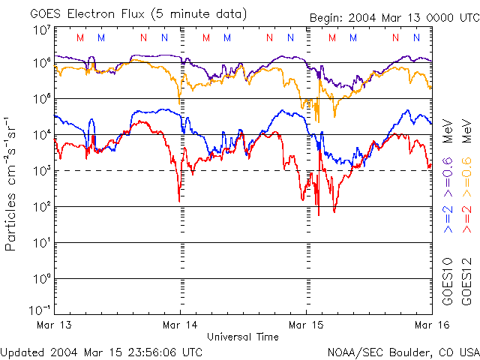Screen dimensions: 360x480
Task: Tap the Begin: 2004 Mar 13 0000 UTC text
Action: click(394, 19)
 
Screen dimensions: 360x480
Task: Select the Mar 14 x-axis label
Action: click(180, 325)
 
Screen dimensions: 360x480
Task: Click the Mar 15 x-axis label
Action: click(306, 325)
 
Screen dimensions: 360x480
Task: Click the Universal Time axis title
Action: click(242, 337)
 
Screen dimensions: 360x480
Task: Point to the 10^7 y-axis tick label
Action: click(41, 31)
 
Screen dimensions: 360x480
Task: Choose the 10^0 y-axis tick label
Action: click(41, 279)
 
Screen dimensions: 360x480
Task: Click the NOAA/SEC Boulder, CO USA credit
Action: click(403, 351)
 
